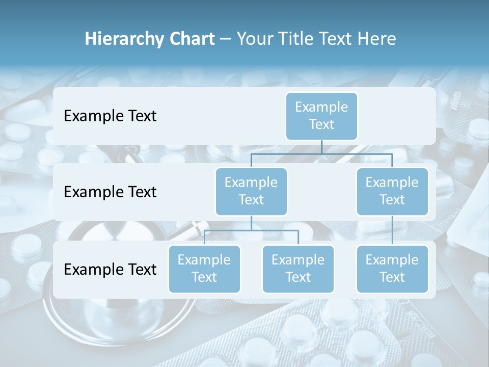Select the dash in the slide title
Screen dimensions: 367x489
(x=226, y=39)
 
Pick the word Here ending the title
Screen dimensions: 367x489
(x=376, y=39)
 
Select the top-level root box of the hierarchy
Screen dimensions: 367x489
(x=321, y=116)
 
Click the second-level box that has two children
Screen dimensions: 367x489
(x=251, y=191)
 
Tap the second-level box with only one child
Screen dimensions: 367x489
(x=392, y=191)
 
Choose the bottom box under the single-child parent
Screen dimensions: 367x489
(x=392, y=269)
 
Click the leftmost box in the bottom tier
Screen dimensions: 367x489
(x=204, y=269)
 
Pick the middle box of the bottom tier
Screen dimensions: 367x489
(x=298, y=269)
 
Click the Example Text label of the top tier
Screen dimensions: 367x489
(x=110, y=116)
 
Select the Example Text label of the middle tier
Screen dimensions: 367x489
(x=110, y=192)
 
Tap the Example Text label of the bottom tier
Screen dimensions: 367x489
(x=110, y=269)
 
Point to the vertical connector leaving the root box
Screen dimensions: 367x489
(x=321, y=147)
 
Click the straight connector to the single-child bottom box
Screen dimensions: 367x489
(x=392, y=230)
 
